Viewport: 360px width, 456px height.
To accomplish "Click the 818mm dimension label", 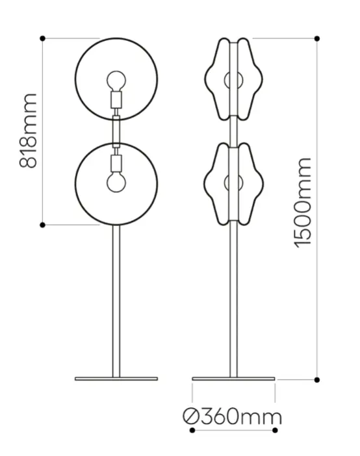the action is (x=28, y=131).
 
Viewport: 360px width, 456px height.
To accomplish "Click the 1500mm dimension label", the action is (x=303, y=203).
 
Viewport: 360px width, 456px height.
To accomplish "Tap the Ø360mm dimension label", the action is (x=232, y=417).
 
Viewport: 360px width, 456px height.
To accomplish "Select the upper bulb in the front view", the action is (x=116, y=81).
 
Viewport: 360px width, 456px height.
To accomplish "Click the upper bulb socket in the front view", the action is (x=116, y=99).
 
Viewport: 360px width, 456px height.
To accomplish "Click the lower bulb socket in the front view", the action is (x=116, y=164).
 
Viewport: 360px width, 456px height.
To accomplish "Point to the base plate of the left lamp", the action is (x=116, y=379).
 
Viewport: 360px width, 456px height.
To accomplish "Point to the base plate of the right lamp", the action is (x=233, y=379).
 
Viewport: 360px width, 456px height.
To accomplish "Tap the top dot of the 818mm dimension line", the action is (x=42, y=38).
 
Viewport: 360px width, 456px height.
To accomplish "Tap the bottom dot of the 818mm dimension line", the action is (x=42, y=225).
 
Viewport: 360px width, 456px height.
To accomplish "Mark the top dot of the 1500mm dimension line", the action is (x=317, y=38).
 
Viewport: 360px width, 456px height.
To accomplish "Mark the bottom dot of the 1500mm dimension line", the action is (x=317, y=380).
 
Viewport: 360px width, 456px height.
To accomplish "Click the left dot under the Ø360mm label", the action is (x=192, y=431).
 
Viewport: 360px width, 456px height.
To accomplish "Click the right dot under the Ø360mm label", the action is (x=275, y=431).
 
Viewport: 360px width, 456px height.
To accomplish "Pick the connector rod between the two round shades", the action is (x=116, y=131).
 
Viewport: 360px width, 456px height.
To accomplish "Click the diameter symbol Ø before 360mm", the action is (x=191, y=417).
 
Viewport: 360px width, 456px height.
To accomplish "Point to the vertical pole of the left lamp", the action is (x=116, y=301).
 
